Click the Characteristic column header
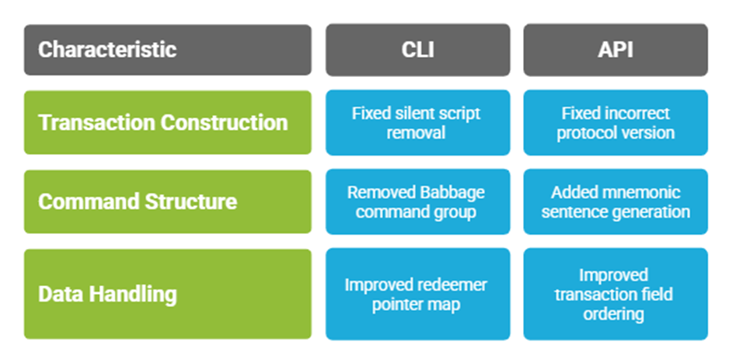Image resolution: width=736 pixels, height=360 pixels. tap(168, 50)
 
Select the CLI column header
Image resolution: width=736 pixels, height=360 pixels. tap(418, 50)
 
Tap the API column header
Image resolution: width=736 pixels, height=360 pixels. tap(616, 50)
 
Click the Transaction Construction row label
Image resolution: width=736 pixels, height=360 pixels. tap(168, 123)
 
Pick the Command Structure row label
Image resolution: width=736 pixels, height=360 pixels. tap(168, 201)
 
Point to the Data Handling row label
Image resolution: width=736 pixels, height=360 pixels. tap(168, 294)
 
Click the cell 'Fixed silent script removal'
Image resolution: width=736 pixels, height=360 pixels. tap(418, 123)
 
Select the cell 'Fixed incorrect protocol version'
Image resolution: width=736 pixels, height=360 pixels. tap(616, 123)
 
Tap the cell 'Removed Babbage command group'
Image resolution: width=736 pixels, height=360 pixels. tap(418, 202)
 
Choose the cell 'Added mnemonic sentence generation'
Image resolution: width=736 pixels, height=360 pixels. tap(616, 202)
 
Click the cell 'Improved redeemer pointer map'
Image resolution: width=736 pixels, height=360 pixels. tap(418, 294)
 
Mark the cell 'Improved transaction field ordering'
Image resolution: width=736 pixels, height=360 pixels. tap(616, 294)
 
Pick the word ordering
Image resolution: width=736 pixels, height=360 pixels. tap(613, 314)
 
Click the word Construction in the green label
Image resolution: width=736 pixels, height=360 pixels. tap(224, 123)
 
